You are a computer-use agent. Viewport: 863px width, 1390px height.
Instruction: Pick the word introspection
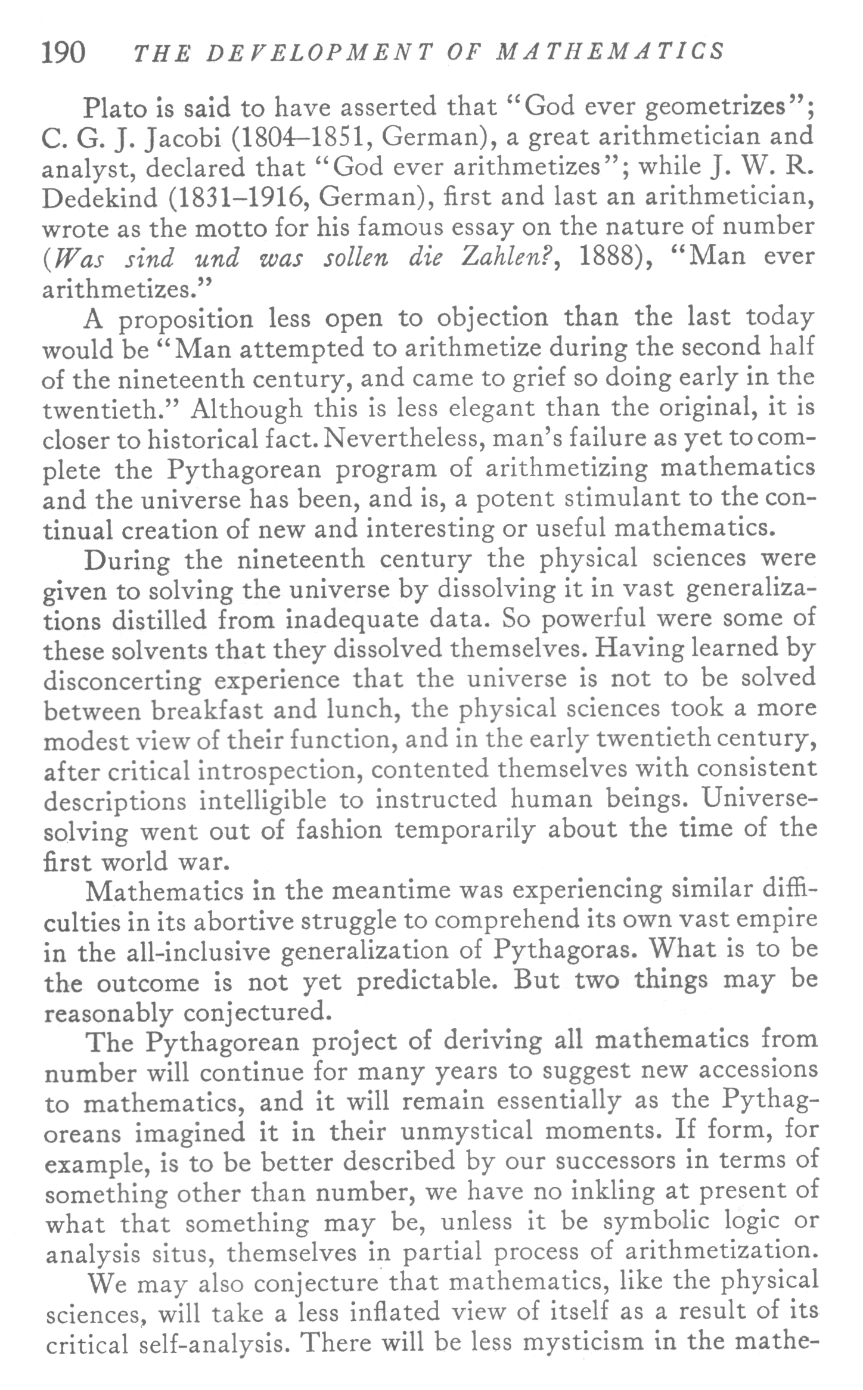[279, 770]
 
